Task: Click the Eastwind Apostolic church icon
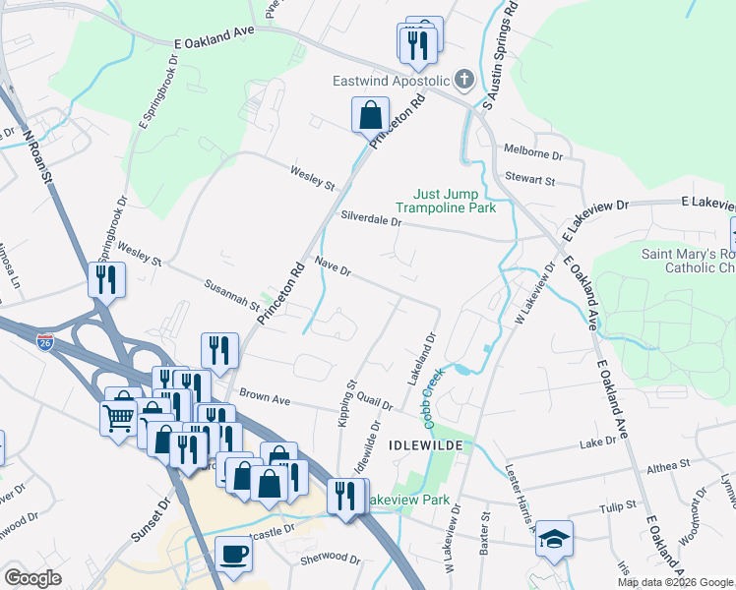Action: click(464, 81)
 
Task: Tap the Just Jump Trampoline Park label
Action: click(446, 201)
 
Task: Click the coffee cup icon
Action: click(233, 553)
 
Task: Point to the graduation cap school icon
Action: click(554, 538)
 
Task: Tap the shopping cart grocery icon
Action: click(119, 418)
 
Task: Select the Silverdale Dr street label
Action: click(371, 219)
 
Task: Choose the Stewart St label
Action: click(530, 181)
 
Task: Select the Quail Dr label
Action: click(374, 403)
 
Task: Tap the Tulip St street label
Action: click(619, 509)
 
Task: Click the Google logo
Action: click(32, 578)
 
